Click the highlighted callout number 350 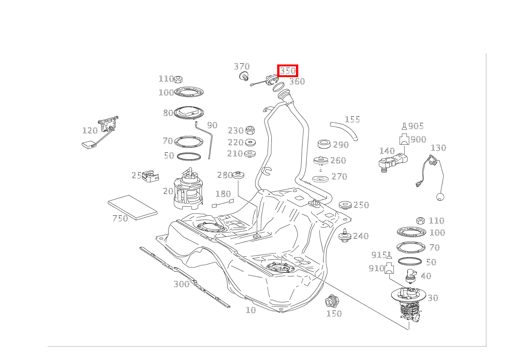tap(288, 71)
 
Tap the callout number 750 tap(120, 218)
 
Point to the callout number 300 tap(181, 284)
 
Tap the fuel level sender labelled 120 tap(104, 130)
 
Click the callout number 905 tap(416, 126)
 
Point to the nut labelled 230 tap(250, 130)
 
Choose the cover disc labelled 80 tap(188, 112)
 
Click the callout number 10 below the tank tap(250, 310)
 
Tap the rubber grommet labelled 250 tap(345, 205)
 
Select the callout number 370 tap(241, 67)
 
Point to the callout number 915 tap(378, 255)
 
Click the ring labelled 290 tap(325, 145)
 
